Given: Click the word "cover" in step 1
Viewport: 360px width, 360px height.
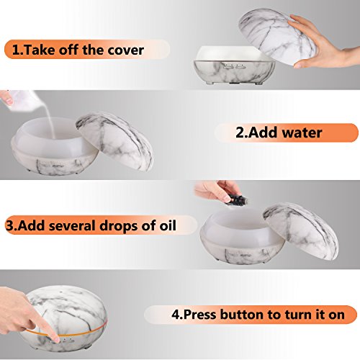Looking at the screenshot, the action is (125, 50).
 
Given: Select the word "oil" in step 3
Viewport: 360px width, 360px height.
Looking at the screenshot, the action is (168, 225).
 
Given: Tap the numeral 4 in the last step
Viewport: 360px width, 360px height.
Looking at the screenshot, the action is (176, 315).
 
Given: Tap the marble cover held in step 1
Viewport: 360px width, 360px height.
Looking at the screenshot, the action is (276, 35).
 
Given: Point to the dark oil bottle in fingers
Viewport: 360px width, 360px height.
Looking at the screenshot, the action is (236, 199).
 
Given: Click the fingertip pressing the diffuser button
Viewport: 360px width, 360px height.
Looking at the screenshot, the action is (56, 339).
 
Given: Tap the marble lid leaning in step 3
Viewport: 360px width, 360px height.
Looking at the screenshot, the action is (301, 230).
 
